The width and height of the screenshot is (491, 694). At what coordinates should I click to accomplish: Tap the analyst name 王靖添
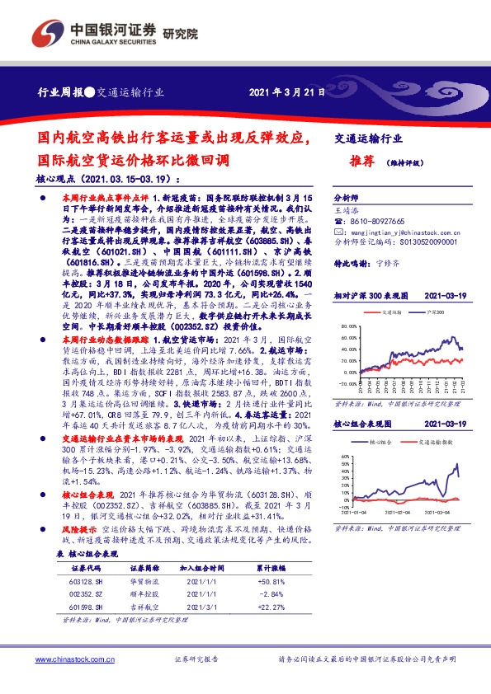pyautogui.click(x=347, y=211)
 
